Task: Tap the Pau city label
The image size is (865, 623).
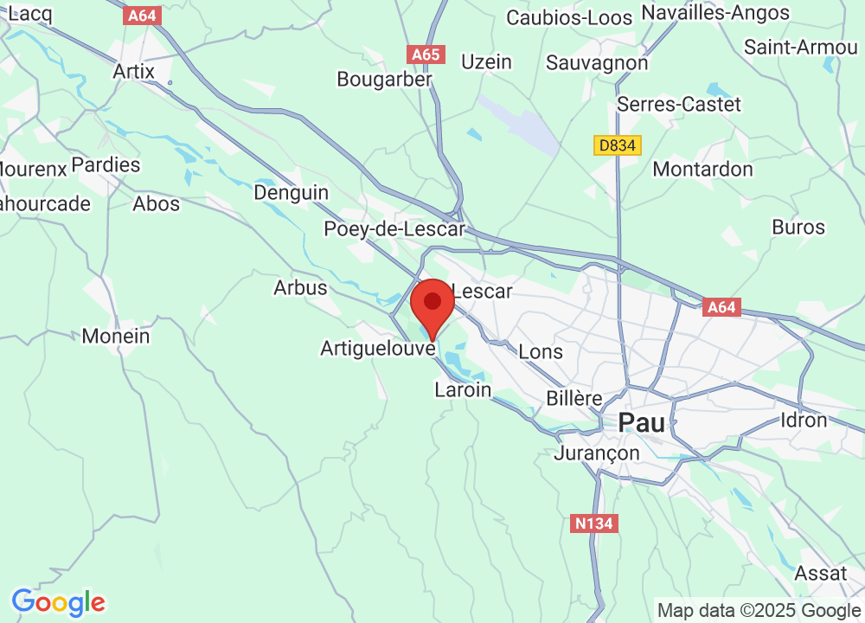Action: (x=641, y=423)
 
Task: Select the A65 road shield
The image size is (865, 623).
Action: (x=426, y=55)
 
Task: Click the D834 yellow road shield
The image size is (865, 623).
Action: (x=618, y=145)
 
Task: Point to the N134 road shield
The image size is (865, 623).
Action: (x=595, y=523)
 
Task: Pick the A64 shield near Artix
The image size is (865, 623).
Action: (x=143, y=16)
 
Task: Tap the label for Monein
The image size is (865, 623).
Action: (x=116, y=336)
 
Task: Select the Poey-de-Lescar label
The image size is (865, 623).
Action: (x=394, y=229)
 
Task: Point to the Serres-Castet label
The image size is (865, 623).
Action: (x=679, y=105)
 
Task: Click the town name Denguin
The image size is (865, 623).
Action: (x=291, y=192)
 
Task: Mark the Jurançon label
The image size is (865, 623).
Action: (x=598, y=453)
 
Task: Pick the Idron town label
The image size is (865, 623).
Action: (x=804, y=421)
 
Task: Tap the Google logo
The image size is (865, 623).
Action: (x=58, y=602)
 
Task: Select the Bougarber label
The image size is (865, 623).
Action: (x=384, y=80)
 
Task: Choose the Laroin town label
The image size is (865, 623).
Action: (x=463, y=390)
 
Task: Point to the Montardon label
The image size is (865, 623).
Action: (x=702, y=169)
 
